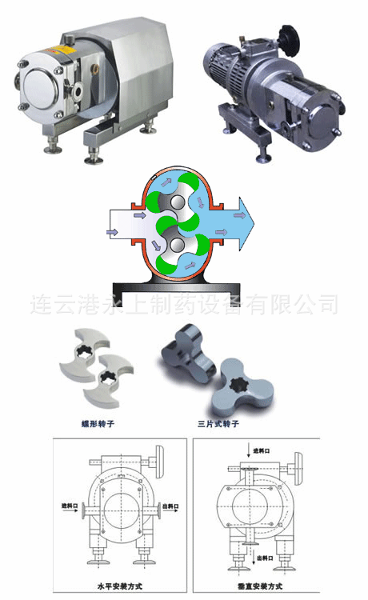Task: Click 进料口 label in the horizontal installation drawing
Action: coord(71,506)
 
